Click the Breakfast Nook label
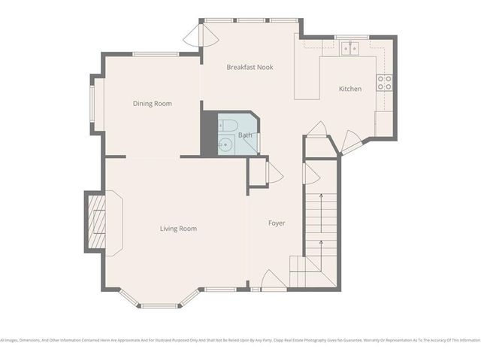tap(250, 67)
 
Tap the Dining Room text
tap(153, 104)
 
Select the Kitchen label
tap(350, 89)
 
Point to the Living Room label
tap(178, 229)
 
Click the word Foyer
tap(277, 223)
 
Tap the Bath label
tap(245, 135)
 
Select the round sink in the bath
tap(223, 145)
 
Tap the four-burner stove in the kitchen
tap(384, 83)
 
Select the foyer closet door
tap(274, 173)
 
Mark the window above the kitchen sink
tap(351, 36)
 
